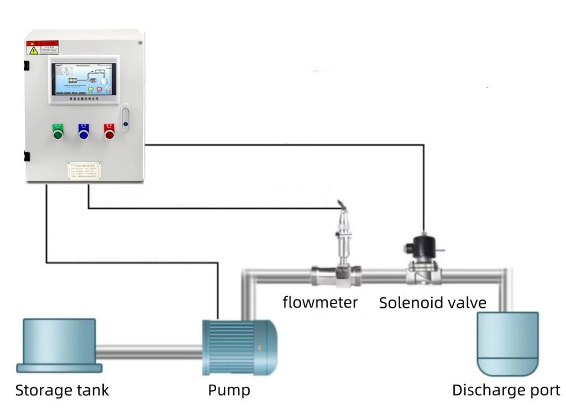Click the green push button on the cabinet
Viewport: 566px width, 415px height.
pos(57,132)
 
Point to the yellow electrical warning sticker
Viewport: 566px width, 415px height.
pos(33,50)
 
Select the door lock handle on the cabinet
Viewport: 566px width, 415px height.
pos(125,118)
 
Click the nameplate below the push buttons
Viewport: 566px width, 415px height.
pos(84,171)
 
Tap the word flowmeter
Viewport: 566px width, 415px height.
pos(320,302)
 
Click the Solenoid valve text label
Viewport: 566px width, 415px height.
pos(432,303)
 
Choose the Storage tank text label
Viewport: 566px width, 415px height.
pos(62,391)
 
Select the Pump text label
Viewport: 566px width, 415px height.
pos(229,391)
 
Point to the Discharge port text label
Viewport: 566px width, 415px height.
pos(506,391)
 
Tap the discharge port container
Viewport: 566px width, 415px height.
pos(507,343)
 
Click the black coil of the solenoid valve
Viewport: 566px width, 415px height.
pos(423,248)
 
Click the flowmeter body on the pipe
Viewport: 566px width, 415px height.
pos(336,274)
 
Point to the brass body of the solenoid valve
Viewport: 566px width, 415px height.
pos(423,273)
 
